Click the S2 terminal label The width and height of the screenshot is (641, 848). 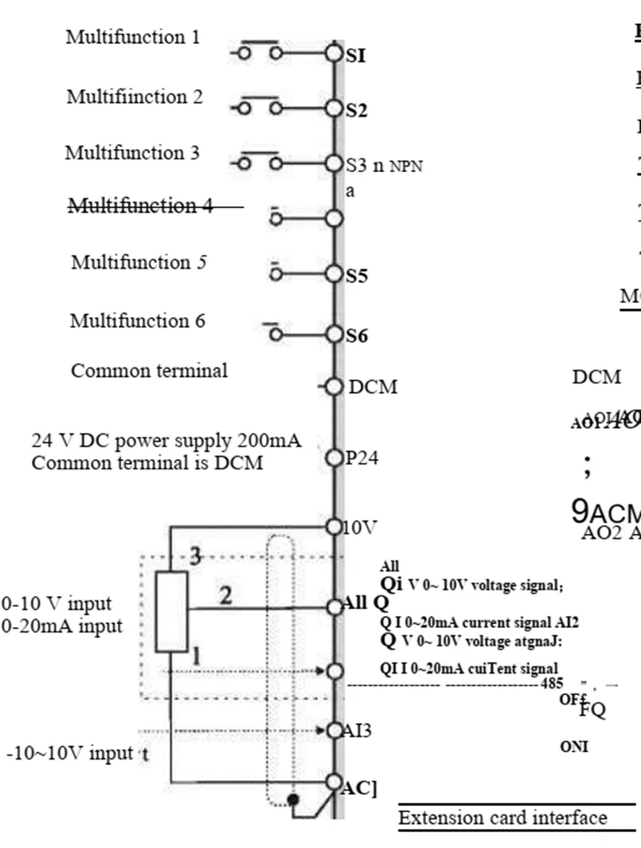pos(357,110)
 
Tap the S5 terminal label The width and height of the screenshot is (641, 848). pos(357,276)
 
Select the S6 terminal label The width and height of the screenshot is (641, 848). pos(357,336)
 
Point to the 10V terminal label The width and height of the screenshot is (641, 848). pos(359,527)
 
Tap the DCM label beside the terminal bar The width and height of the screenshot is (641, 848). pos(373,387)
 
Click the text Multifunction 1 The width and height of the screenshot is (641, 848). pos(133,37)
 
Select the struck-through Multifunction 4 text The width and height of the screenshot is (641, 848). pos(141,206)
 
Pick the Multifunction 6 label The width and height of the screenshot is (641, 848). pos(137,320)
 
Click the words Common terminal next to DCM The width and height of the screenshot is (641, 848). pos(149,371)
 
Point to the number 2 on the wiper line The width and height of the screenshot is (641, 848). pos(226,595)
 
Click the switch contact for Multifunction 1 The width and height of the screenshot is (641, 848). pos(260,49)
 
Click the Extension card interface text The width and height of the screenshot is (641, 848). pos(502,818)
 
